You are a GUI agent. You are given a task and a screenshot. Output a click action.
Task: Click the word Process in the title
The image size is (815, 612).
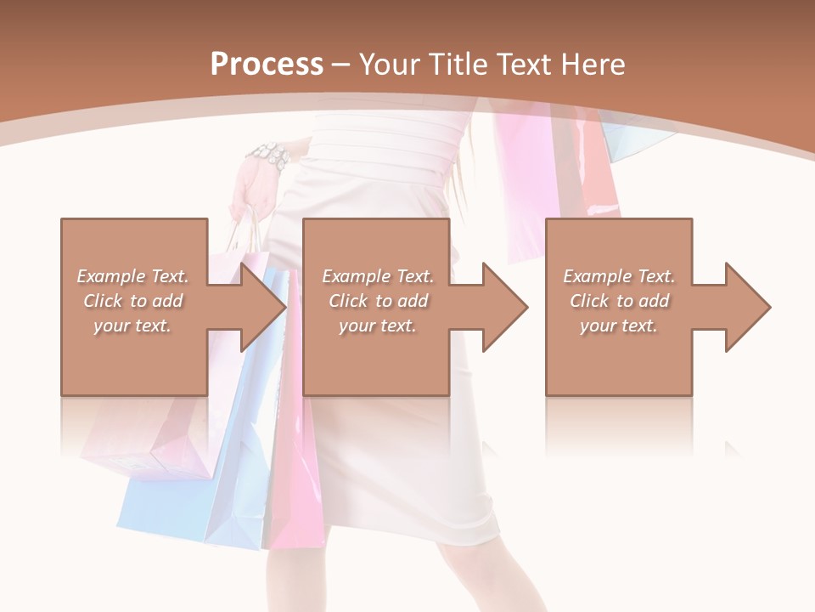click(x=267, y=64)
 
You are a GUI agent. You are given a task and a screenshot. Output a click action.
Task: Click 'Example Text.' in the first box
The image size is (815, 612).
click(x=132, y=276)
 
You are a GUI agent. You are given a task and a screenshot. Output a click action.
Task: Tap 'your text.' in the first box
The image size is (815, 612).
click(x=132, y=326)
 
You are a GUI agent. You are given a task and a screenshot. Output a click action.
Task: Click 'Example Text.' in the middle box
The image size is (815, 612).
click(x=378, y=276)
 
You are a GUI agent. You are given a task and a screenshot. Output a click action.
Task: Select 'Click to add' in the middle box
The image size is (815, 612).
click(x=378, y=301)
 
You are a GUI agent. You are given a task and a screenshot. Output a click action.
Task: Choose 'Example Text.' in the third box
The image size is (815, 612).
click(x=619, y=276)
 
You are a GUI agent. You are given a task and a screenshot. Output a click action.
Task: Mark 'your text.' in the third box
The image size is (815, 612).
click(x=619, y=326)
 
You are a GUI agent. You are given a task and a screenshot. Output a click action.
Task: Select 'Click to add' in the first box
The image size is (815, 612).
click(x=132, y=301)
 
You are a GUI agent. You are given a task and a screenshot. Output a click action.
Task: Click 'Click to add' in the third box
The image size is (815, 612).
click(x=619, y=301)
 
